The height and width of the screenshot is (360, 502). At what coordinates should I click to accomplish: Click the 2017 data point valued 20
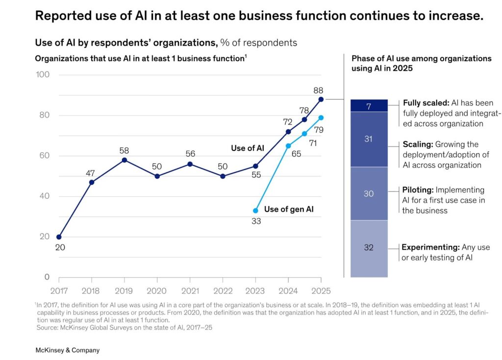(59, 237)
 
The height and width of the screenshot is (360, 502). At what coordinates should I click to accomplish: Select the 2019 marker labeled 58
(125, 160)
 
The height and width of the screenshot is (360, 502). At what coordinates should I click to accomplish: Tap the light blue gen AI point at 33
(255, 211)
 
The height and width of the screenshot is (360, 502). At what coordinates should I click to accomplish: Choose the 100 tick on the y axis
(43, 75)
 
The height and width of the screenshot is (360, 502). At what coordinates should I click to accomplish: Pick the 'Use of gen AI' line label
(289, 209)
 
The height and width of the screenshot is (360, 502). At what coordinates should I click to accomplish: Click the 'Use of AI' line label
(248, 148)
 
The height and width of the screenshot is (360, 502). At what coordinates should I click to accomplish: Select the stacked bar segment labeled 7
(369, 106)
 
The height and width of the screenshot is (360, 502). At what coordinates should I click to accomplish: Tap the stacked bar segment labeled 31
(369, 139)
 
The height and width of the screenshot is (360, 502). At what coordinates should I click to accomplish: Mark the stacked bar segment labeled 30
(369, 193)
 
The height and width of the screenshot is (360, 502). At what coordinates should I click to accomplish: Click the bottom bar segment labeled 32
(369, 248)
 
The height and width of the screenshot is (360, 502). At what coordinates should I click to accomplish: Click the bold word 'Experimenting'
(429, 247)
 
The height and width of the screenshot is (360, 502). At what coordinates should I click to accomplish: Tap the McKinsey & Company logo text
(67, 350)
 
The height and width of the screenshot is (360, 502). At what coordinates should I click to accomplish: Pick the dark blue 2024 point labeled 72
(288, 132)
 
